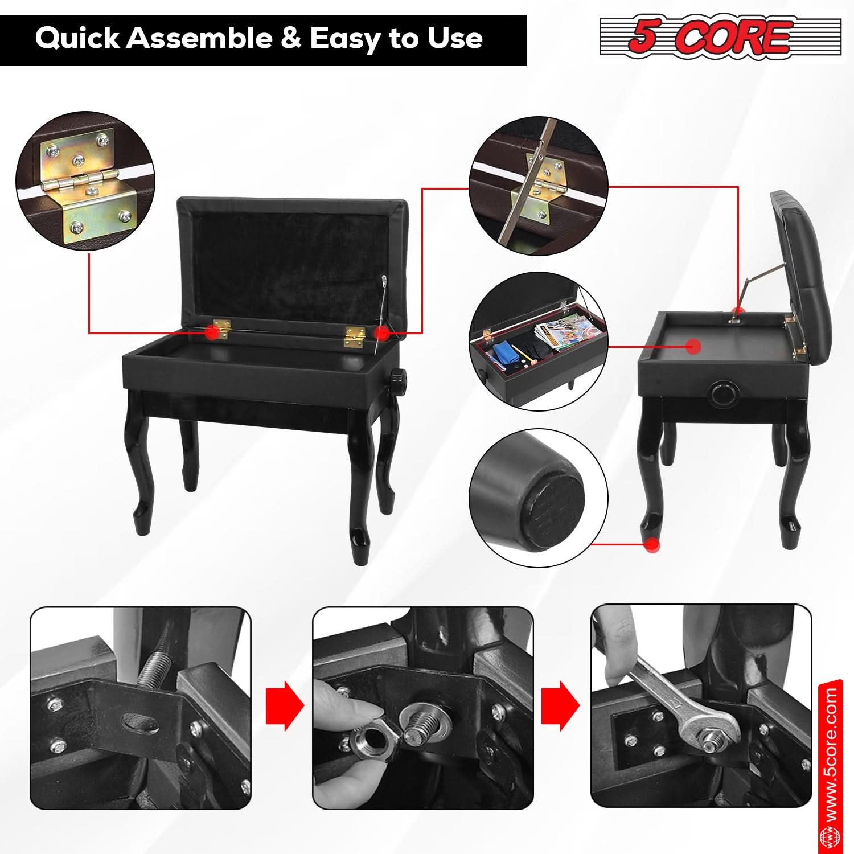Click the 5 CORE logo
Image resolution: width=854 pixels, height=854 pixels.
coord(720,37)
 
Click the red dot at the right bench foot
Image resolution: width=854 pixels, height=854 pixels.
coord(652,545)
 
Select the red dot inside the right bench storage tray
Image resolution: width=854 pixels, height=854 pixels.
coord(693,346)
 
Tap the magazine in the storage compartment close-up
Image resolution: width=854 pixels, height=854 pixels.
coord(558,333)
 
